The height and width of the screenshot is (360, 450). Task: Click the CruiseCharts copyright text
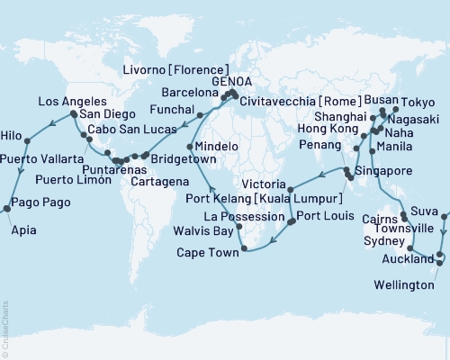coord(5,323)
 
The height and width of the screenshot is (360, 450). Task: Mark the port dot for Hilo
coord(28,139)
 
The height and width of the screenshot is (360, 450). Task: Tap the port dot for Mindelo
coord(189,146)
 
